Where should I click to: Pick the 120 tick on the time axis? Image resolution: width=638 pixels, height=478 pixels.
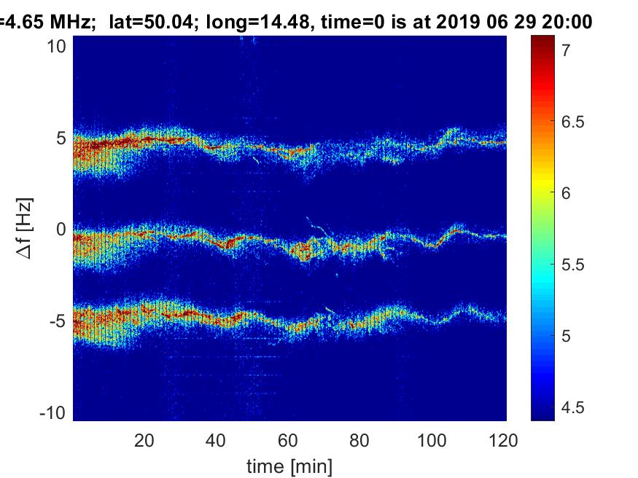click(504, 440)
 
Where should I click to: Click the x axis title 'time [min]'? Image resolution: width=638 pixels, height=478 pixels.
click(290, 465)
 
